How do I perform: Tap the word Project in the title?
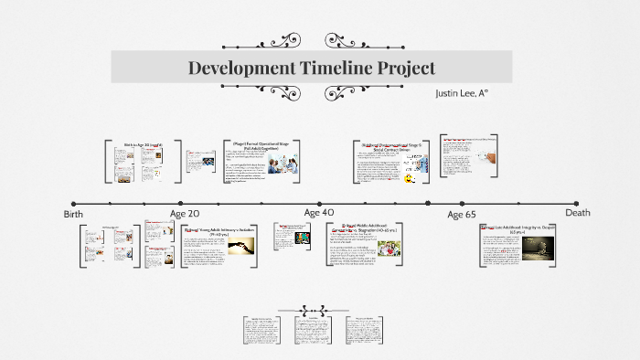tap(403, 68)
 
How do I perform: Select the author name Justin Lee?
tap(464, 93)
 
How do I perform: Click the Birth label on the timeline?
tap(74, 214)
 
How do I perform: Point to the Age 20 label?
tap(186, 213)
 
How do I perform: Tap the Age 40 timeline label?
tap(319, 213)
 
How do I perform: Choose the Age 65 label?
tap(461, 214)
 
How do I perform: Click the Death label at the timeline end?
tap(577, 213)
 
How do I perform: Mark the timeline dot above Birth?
tap(73, 203)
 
